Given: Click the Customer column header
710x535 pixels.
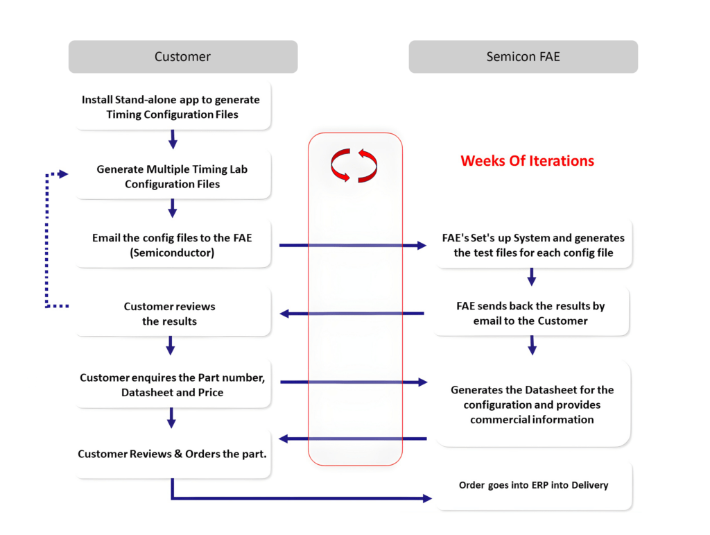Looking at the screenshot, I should click(x=182, y=57).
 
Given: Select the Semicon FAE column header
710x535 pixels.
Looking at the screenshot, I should click(x=523, y=57).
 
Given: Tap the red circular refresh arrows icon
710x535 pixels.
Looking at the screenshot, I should click(x=354, y=166).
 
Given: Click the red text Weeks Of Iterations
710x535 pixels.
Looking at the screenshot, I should click(x=527, y=161).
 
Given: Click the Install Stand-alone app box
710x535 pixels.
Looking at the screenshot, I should click(x=171, y=107).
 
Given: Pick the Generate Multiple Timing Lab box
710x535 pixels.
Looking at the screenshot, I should click(x=172, y=176).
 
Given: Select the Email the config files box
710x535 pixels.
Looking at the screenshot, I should click(x=172, y=245).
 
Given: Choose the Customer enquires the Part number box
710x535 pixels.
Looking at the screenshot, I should click(x=172, y=385).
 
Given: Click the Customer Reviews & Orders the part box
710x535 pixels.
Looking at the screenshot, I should click(x=172, y=455).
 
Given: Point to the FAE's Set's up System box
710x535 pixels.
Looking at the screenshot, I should click(x=532, y=245).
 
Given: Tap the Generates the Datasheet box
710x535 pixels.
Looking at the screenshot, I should click(x=532, y=405).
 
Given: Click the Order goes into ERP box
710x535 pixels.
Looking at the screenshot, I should click(x=533, y=485).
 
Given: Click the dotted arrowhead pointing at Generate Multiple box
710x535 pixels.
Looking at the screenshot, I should click(x=64, y=174).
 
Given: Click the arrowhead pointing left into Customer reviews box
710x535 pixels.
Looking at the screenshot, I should click(x=284, y=314).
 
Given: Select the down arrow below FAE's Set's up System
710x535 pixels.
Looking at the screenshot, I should click(x=532, y=279).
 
